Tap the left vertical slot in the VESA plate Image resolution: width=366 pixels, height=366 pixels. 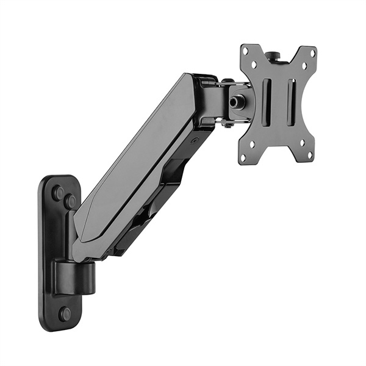pyautogui.click(x=266, y=102)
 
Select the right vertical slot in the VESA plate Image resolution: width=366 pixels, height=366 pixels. pyautogui.click(x=290, y=102)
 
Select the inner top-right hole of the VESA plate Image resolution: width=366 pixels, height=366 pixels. pyautogui.click(x=303, y=63)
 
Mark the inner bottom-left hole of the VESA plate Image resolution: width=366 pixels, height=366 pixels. pyautogui.click(x=253, y=146)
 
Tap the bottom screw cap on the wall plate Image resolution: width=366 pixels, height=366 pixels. pyautogui.click(x=65, y=314)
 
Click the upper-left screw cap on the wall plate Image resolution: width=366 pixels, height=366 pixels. pyautogui.click(x=57, y=193)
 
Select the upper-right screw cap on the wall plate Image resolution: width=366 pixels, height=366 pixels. pyautogui.click(x=71, y=201)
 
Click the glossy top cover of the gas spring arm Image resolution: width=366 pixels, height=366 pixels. pyautogui.click(x=140, y=152)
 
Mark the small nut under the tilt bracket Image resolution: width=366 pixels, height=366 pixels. pyautogui.click(x=227, y=124)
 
